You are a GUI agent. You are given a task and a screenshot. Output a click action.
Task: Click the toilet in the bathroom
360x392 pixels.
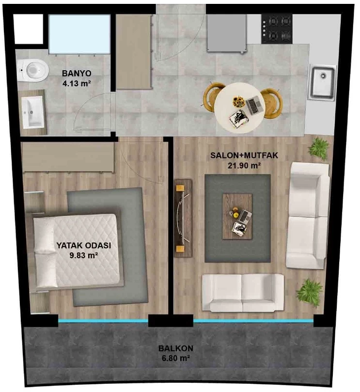(33, 70)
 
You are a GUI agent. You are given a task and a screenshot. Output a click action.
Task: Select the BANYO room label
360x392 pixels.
(77, 74)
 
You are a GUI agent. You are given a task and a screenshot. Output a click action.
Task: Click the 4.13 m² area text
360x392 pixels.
(77, 83)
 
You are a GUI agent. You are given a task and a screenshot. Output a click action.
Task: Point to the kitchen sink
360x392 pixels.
(322, 82)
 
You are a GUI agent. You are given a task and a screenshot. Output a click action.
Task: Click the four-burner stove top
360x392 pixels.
(277, 29)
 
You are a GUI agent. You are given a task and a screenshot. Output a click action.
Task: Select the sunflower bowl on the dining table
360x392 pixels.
(238, 101)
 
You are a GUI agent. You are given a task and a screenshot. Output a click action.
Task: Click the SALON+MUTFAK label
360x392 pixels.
(244, 155)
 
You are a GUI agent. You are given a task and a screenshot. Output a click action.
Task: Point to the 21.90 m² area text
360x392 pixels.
(244, 165)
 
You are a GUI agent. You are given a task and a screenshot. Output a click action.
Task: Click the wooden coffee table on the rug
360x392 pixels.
(237, 217)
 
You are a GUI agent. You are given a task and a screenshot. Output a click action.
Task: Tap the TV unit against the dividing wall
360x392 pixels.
(183, 218)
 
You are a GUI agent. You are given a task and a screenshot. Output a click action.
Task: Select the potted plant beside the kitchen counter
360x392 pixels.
(318, 148)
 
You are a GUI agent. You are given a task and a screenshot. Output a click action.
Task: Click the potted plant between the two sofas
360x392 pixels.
(309, 293)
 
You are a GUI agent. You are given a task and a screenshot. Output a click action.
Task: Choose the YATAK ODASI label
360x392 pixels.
(84, 245)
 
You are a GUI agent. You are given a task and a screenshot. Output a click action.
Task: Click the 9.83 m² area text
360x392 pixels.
(84, 255)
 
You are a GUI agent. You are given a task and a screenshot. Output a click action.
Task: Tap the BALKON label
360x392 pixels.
(176, 348)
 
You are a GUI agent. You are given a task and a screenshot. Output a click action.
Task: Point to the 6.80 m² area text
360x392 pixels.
(176, 358)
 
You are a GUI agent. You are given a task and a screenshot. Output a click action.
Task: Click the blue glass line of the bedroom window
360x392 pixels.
(103, 321)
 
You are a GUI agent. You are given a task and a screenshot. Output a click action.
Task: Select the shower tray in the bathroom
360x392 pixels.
(79, 34)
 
